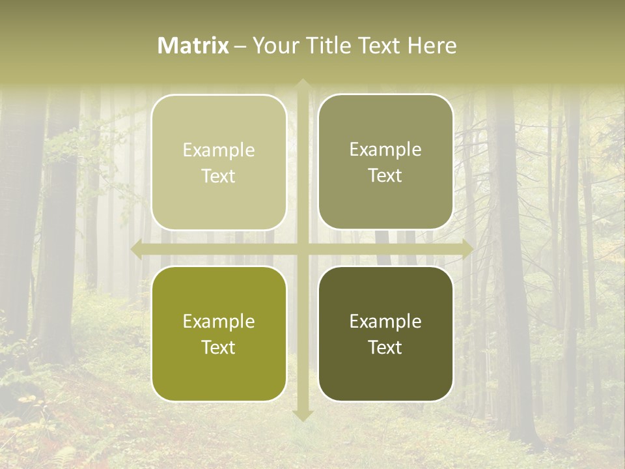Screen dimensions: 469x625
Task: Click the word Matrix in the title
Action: (193, 46)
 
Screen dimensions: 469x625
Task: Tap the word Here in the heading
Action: (432, 46)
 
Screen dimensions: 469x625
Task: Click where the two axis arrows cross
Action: (303, 248)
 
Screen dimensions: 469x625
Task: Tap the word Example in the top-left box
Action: (219, 150)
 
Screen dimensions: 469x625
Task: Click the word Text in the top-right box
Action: (385, 176)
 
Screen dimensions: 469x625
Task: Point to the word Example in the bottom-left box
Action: (219, 322)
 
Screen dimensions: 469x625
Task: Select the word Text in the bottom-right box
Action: (385, 347)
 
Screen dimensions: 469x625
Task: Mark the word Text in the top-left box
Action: (219, 177)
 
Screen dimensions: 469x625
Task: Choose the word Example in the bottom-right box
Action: (385, 321)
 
